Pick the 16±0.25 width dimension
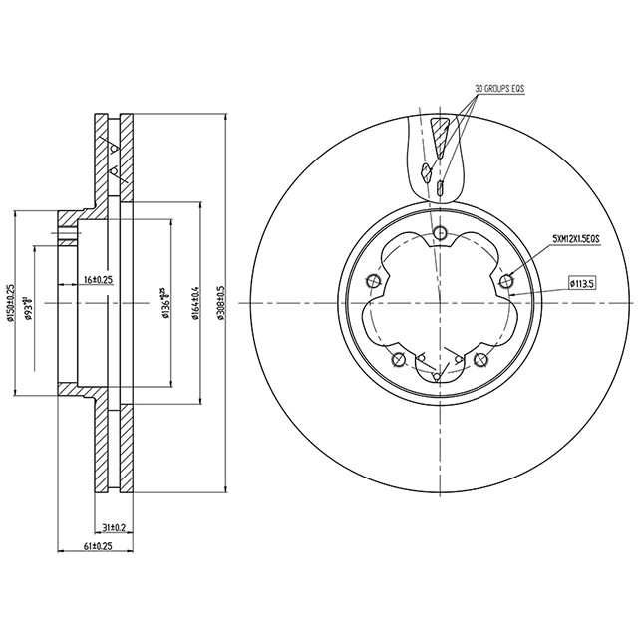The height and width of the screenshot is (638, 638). tap(98, 281)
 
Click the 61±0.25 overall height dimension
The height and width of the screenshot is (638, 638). tap(97, 546)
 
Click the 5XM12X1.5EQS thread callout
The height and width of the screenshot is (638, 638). tap(579, 240)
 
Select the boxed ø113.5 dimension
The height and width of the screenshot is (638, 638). tap(582, 283)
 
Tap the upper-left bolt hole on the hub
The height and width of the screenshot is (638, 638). tap(374, 282)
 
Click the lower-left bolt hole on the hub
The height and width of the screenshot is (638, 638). tap(399, 359)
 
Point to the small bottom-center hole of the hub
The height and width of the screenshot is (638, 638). tap(440, 376)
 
